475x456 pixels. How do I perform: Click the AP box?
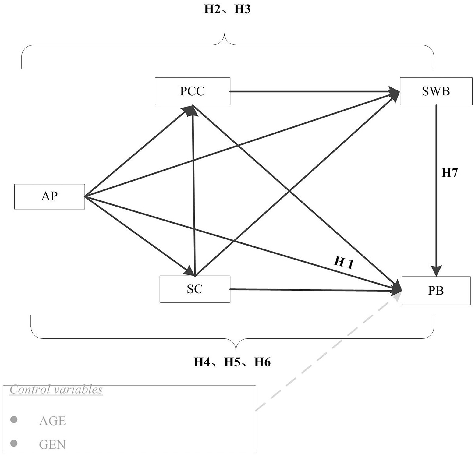[50, 196]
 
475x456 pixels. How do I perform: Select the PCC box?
[192, 91]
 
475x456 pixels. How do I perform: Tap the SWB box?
[436, 91]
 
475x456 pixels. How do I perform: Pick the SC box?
[195, 289]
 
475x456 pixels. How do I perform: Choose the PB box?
[436, 291]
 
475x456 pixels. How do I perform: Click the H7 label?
[450, 173]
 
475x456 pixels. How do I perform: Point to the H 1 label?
[344, 262]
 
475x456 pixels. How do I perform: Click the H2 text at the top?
[212, 9]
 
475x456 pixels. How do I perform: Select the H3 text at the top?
[242, 9]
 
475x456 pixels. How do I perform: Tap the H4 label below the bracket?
[203, 362]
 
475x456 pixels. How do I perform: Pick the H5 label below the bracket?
[233, 362]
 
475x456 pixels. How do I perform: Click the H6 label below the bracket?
[262, 362]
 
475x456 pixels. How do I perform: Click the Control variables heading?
[56, 390]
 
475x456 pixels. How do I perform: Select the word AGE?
[52, 421]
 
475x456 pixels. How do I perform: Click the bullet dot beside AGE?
[14, 420]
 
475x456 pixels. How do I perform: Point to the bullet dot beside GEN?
[14, 444]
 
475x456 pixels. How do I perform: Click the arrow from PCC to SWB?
[314, 91]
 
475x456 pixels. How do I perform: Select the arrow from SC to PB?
[314, 290]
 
